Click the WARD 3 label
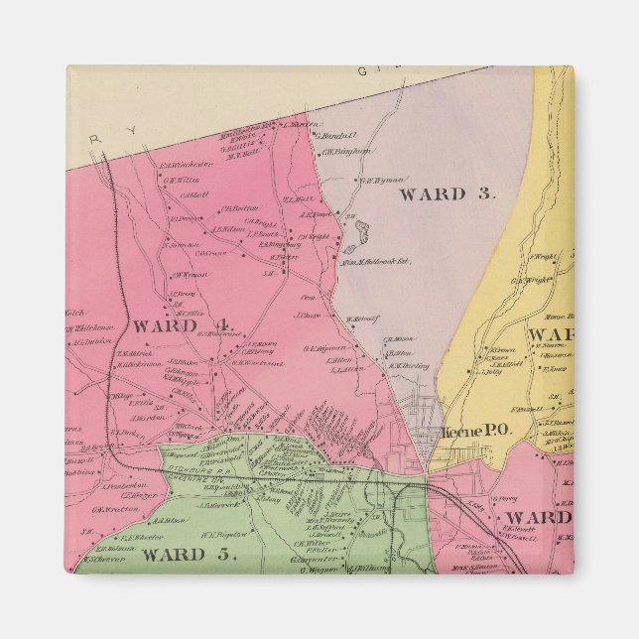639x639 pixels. tap(446, 194)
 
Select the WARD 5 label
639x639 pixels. tap(189, 554)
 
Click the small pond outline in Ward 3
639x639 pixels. tap(359, 234)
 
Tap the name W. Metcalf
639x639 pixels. tap(363, 319)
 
